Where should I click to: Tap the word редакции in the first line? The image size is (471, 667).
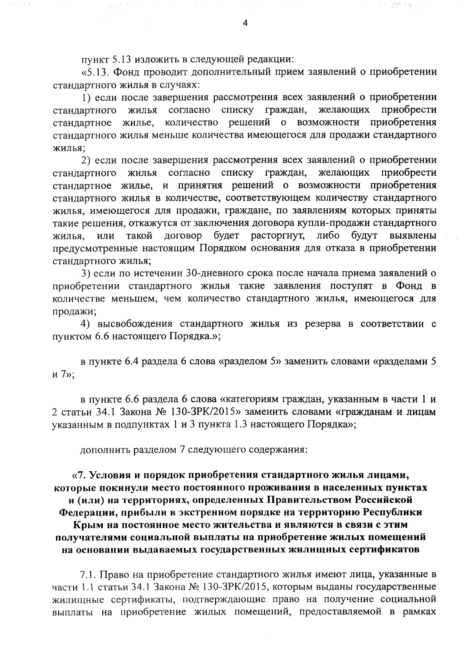[x=270, y=60]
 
